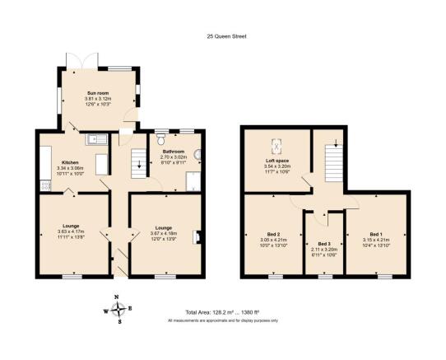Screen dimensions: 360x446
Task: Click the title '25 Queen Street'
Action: click(x=222, y=35)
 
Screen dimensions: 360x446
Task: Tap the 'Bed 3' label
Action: click(x=323, y=244)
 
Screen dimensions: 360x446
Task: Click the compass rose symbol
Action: click(x=120, y=311)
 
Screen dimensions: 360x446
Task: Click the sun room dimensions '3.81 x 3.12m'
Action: click(x=99, y=99)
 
